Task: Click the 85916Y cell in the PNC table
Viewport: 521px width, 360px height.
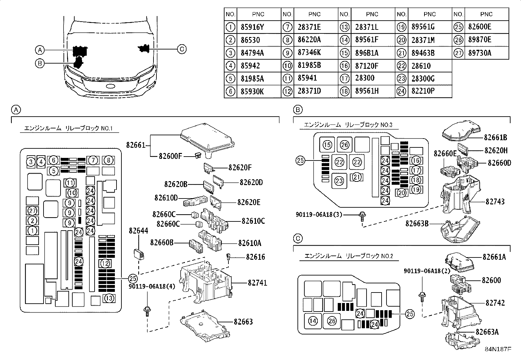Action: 252,27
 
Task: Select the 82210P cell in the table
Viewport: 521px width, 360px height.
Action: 423,91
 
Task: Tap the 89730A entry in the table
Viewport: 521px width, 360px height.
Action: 479,53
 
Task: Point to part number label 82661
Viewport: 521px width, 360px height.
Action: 136,145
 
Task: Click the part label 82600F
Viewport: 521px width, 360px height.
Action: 170,156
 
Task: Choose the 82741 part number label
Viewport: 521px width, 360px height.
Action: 257,283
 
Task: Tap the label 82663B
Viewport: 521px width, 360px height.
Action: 417,223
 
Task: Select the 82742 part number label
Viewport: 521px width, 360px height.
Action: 495,303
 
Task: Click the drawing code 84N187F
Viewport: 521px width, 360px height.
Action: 498,349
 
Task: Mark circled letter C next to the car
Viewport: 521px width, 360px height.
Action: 182,49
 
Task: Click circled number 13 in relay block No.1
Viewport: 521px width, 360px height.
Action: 109,298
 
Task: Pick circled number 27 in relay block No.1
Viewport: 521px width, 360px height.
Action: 32,211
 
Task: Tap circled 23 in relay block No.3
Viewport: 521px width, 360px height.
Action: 339,181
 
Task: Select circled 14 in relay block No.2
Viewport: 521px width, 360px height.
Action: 313,321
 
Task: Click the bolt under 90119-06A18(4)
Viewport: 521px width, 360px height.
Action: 147,311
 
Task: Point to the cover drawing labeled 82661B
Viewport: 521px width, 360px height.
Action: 461,131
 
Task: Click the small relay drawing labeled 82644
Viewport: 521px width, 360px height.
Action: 139,254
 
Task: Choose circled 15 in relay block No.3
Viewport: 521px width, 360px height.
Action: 327,145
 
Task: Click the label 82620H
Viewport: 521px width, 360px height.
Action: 496,151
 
